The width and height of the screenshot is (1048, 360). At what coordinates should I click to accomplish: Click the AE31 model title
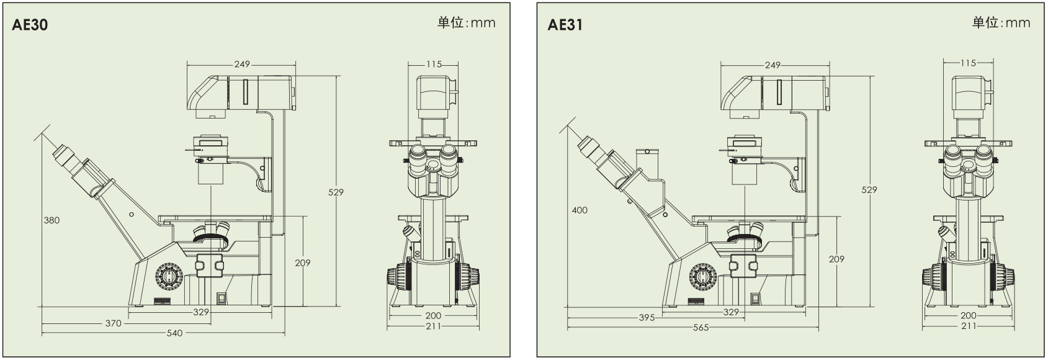[565, 25]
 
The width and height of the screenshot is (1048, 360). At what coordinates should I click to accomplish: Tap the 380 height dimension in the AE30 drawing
[52, 220]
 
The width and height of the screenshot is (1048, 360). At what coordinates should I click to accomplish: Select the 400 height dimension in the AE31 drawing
[580, 210]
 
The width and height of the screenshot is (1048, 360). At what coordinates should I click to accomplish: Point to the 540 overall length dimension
[175, 333]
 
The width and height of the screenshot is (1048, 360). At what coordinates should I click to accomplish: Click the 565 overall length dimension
[701, 328]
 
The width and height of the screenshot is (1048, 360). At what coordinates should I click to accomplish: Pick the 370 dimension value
[114, 323]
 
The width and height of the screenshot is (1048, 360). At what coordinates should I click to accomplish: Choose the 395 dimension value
[647, 318]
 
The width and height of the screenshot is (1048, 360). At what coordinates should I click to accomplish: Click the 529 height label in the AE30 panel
[336, 192]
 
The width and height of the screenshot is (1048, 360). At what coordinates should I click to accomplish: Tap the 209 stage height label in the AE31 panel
[836, 259]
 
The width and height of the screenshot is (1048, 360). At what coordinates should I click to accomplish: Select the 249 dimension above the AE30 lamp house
[242, 64]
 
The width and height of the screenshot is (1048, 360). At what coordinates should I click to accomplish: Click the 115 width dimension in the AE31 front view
[967, 63]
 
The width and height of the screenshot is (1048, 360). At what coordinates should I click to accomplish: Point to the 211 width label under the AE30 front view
[433, 326]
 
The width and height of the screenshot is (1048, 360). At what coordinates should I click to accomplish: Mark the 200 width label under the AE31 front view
[968, 315]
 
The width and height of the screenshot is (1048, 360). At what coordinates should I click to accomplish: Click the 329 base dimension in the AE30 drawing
[200, 312]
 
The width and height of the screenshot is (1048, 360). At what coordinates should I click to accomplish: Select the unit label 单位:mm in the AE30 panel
[467, 23]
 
